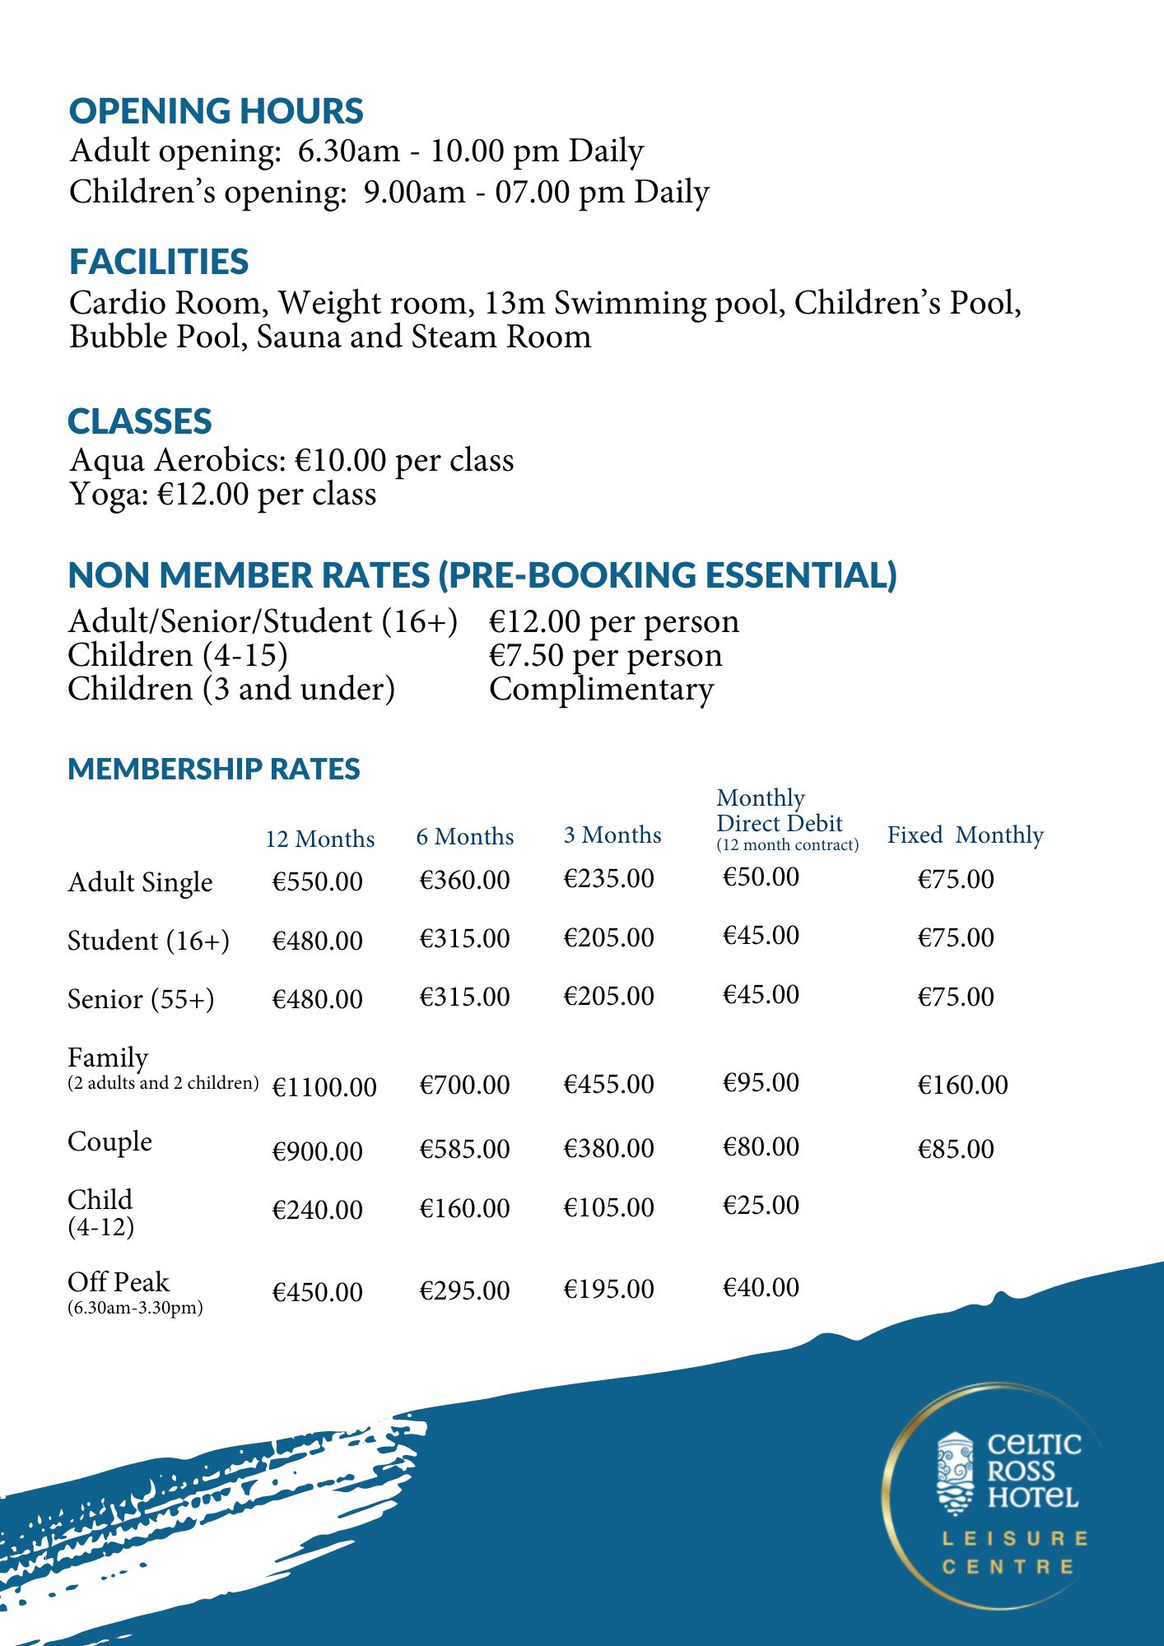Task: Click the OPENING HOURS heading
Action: pyautogui.click(x=216, y=111)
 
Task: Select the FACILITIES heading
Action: pyautogui.click(x=158, y=262)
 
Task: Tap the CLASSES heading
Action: pyautogui.click(x=139, y=421)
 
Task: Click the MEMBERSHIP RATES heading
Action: pyautogui.click(x=213, y=769)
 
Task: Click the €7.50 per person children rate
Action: pyautogui.click(x=605, y=656)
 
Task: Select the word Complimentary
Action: pyautogui.click(x=601, y=690)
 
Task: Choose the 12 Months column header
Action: pyautogui.click(x=319, y=839)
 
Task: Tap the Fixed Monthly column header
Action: pyautogui.click(x=965, y=835)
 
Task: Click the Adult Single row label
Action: pyautogui.click(x=140, y=882)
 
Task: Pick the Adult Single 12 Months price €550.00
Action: pyautogui.click(x=317, y=881)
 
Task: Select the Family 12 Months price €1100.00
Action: pyautogui.click(x=324, y=1087)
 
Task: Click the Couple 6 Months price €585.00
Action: pyautogui.click(x=464, y=1149)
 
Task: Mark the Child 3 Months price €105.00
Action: pyautogui.click(x=608, y=1207)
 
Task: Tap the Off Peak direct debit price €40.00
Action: pyautogui.click(x=761, y=1287)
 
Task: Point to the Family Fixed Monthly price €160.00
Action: pyautogui.click(x=962, y=1085)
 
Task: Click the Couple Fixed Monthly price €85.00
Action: pyautogui.click(x=956, y=1149)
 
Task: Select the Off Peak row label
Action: pyautogui.click(x=119, y=1283)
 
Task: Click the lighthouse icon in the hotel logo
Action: pyautogui.click(x=955, y=1474)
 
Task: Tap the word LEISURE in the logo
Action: pyautogui.click(x=1014, y=1538)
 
